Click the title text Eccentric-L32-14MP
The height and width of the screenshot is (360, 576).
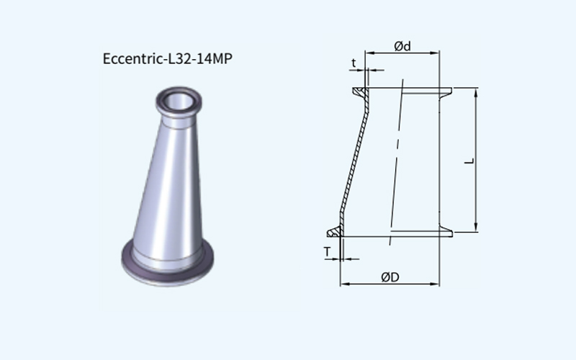pyautogui.click(x=168, y=59)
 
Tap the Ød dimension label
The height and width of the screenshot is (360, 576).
pyautogui.click(x=402, y=46)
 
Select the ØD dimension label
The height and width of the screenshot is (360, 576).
pyautogui.click(x=390, y=277)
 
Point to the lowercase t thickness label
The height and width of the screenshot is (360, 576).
pyautogui.click(x=354, y=63)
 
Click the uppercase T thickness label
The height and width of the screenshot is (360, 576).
pyautogui.click(x=327, y=252)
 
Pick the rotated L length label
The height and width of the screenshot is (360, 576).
pyautogui.click(x=470, y=161)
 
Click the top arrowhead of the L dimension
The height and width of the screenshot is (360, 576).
pyautogui.click(x=476, y=92)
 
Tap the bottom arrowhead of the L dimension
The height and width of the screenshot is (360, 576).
pyautogui.click(x=476, y=228)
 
